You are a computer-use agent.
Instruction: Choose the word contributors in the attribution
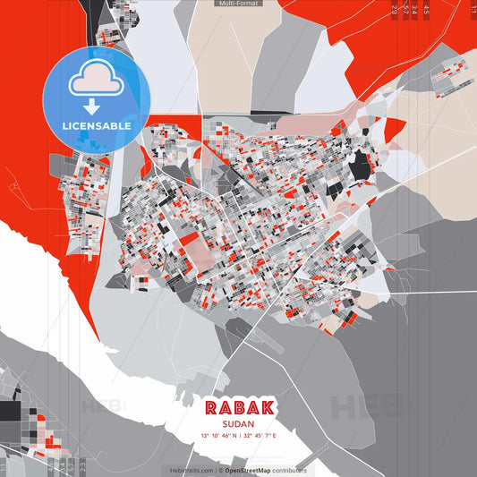[x=290, y=470]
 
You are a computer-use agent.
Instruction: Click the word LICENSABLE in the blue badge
[x=97, y=125]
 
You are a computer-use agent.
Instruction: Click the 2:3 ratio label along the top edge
[x=395, y=9]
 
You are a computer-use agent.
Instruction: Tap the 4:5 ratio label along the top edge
[x=427, y=9]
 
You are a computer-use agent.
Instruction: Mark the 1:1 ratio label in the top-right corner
[x=473, y=9]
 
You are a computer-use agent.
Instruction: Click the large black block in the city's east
[x=359, y=166]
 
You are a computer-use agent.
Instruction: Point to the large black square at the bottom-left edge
[x=10, y=412]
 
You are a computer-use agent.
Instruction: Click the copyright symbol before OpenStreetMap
[x=221, y=470]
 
